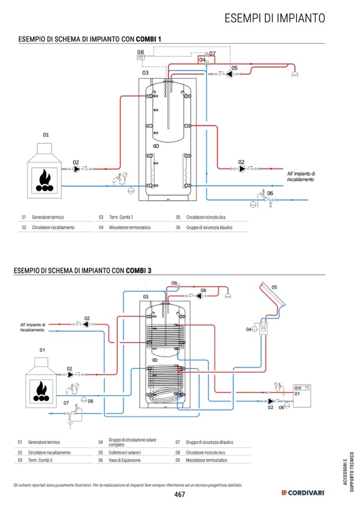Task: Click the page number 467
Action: pos(179,494)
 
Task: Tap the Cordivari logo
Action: pos(303,493)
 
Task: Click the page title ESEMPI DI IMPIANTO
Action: pos(275,18)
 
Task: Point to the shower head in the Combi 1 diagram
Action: pos(295,74)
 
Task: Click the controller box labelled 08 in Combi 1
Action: pos(141,57)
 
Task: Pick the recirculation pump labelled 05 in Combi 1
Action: pos(230,74)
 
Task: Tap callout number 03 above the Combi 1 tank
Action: pos(145,73)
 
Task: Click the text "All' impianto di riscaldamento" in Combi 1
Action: pos(301,177)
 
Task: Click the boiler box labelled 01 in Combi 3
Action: pos(302,395)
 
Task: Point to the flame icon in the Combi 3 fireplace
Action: pos(41,391)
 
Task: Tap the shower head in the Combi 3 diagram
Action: pos(228,296)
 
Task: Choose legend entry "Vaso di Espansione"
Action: pos(125,460)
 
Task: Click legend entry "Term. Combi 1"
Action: pos(121,217)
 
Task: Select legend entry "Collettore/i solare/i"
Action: pos(125,452)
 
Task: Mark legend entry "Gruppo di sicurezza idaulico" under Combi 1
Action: pos(209,227)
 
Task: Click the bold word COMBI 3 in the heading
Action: pos(139,270)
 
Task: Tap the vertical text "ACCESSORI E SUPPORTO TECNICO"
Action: pos(348,472)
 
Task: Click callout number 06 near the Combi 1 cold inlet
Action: pos(270,193)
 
